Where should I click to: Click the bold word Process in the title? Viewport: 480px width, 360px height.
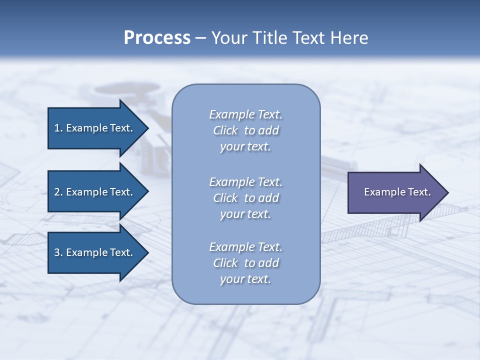coord(157,38)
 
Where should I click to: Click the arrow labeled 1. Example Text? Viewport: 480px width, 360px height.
coord(95,128)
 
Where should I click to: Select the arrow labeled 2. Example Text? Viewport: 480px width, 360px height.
coord(95,192)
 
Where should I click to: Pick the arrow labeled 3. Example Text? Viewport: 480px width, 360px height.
coord(95,252)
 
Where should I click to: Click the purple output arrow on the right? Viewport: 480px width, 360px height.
coord(395,192)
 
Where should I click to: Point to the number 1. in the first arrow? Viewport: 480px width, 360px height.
coord(58,128)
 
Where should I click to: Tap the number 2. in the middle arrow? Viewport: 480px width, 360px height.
coord(58,192)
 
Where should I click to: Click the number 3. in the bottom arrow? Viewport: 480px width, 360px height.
coord(58,252)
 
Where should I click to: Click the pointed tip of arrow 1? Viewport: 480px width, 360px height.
coord(146,128)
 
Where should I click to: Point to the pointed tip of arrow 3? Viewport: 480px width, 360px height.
coord(146,252)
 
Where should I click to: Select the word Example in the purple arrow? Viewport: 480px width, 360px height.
coord(381,192)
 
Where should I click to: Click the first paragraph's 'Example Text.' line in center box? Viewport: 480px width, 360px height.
coord(246,114)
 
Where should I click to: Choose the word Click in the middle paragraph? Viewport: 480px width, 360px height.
coord(225,198)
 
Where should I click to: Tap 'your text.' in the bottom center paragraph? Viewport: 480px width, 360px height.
coord(245,279)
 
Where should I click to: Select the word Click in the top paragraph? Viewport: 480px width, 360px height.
coord(225,130)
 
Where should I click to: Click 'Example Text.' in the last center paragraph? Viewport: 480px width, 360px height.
coord(246,247)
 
